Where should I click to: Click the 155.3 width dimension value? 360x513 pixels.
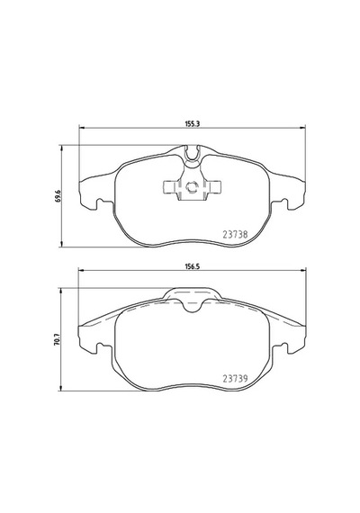pyautogui.click(x=193, y=123)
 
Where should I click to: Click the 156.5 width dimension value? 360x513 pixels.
pyautogui.click(x=193, y=266)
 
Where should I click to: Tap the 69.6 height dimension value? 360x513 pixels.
pyautogui.click(x=58, y=196)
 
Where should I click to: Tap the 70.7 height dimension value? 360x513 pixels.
pyautogui.click(x=58, y=339)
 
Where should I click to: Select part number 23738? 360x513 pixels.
pyautogui.click(x=235, y=234)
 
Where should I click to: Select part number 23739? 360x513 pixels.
pyautogui.click(x=235, y=379)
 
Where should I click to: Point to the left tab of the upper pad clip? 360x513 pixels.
pyautogui.click(x=170, y=186)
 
